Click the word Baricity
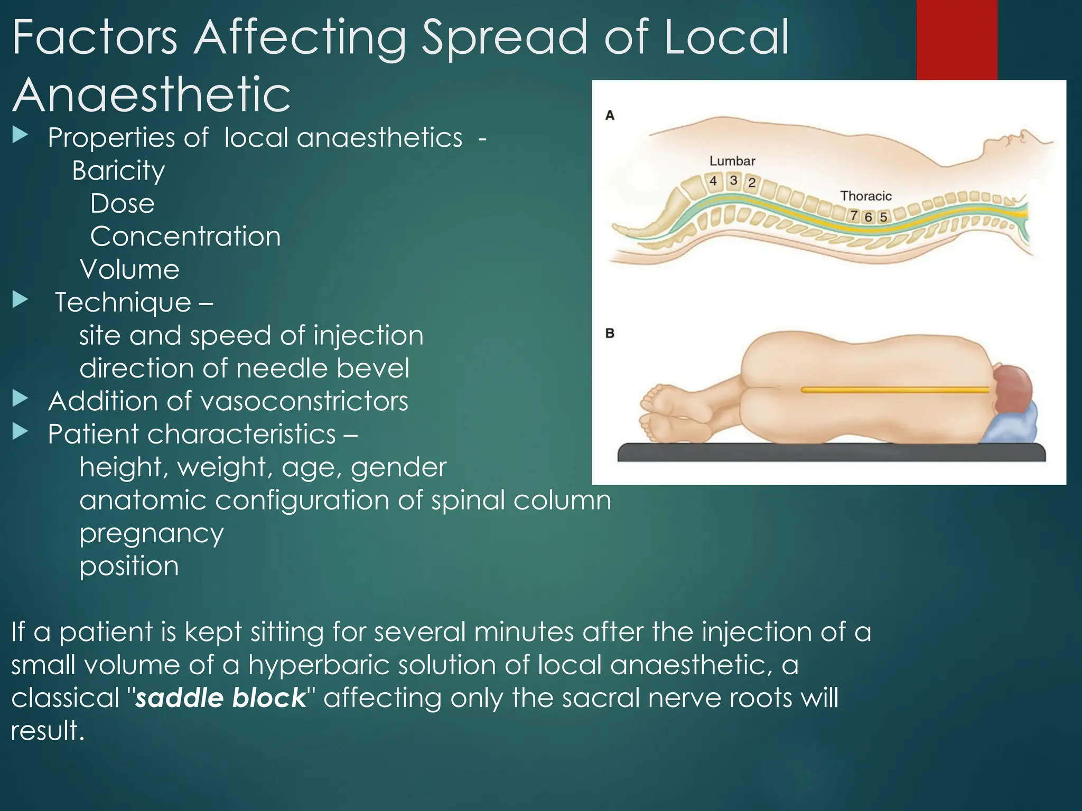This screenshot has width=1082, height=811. point(118,171)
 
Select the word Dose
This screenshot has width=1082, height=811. point(123,204)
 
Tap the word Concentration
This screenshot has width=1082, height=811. point(185,237)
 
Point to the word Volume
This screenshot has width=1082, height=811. point(130,269)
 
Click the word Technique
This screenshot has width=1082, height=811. point(123,303)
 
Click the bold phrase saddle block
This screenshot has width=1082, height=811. point(221,698)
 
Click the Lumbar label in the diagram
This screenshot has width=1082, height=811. point(732,161)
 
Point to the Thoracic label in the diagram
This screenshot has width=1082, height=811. point(866,196)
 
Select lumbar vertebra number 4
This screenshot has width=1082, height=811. point(713,181)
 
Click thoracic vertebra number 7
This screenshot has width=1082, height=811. point(854,215)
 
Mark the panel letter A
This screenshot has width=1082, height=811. point(610,115)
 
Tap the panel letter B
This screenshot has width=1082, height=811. point(610,333)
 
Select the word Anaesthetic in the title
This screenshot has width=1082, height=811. point(152,95)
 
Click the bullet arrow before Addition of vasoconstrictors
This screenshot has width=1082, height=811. point(20,399)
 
